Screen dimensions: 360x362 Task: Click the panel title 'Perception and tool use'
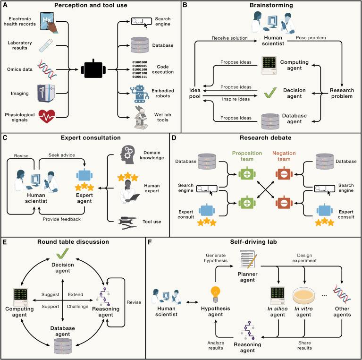[92, 6]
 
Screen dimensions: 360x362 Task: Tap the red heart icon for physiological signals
[47, 115]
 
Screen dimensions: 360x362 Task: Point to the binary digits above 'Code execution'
[138, 69]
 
